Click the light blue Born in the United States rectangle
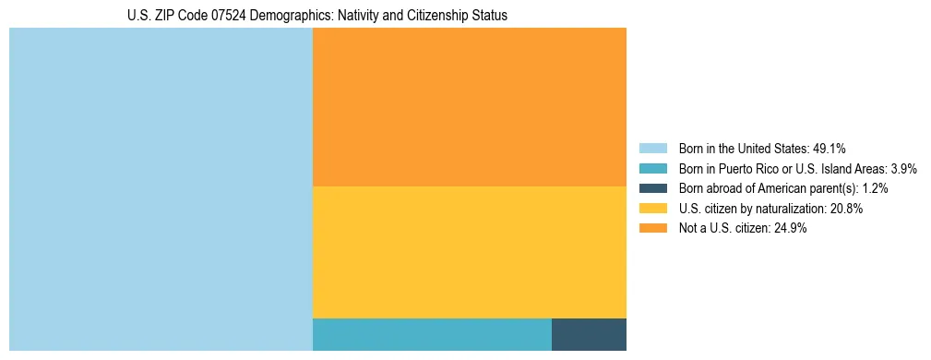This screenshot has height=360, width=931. tap(161, 189)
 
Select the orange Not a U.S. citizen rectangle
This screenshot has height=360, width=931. tap(470, 107)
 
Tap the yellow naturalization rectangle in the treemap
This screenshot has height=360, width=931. tap(470, 252)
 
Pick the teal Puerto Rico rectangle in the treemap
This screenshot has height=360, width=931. tap(432, 334)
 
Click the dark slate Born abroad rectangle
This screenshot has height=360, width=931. tap(589, 334)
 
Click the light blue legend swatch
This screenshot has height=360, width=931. tap(652, 148)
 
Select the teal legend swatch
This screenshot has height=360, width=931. tap(652, 168)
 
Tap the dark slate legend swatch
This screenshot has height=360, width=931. tap(652, 188)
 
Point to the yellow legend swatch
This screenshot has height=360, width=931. tap(652, 209)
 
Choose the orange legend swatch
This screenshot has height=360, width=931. tap(652, 229)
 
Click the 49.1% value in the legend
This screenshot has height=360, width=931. tap(829, 148)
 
